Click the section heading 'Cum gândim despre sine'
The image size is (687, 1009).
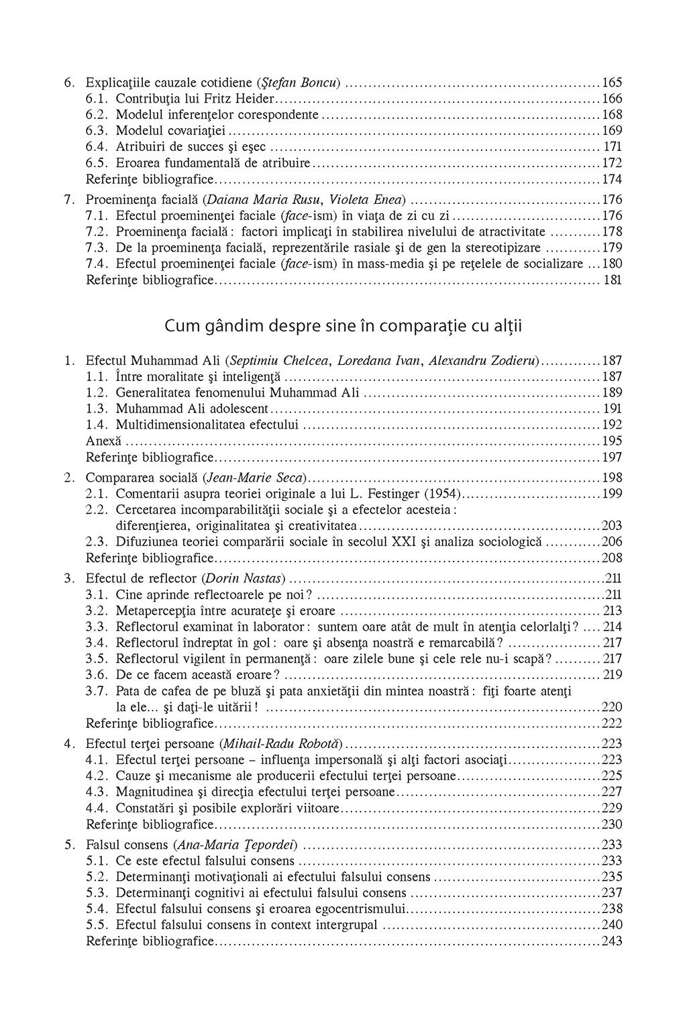(343, 327)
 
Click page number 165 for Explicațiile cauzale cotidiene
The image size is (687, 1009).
(612, 83)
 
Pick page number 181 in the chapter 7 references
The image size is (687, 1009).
(613, 280)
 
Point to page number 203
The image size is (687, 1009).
(612, 526)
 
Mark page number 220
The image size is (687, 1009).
(612, 707)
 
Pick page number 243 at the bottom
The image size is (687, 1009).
(612, 941)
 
